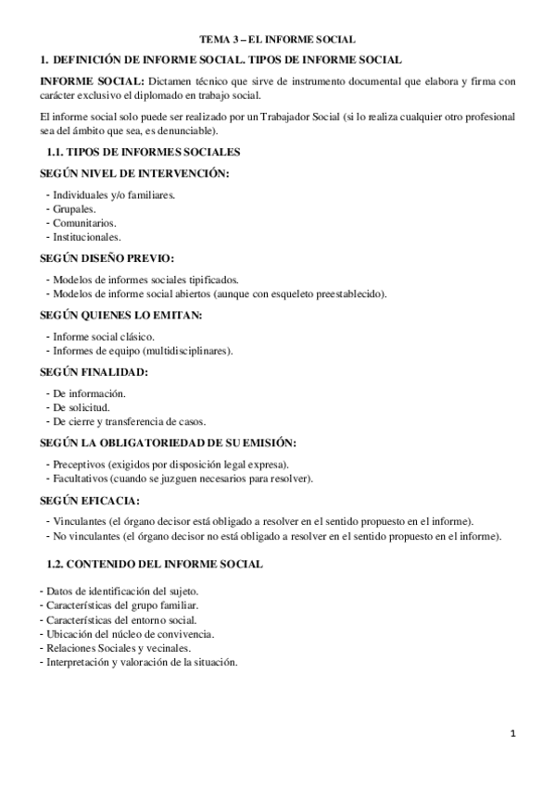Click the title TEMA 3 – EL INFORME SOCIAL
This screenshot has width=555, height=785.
(278, 40)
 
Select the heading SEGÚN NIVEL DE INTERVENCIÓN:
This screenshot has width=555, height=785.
(134, 174)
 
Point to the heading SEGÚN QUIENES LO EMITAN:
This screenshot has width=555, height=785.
(120, 316)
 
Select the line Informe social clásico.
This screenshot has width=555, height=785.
(104, 337)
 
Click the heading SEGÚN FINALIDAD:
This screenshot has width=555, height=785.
(94, 372)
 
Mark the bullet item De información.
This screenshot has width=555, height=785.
(89, 394)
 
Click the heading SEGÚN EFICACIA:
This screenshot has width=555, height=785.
(91, 501)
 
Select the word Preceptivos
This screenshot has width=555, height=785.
(79, 465)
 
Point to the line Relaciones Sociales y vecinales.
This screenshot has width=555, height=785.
(114, 648)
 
